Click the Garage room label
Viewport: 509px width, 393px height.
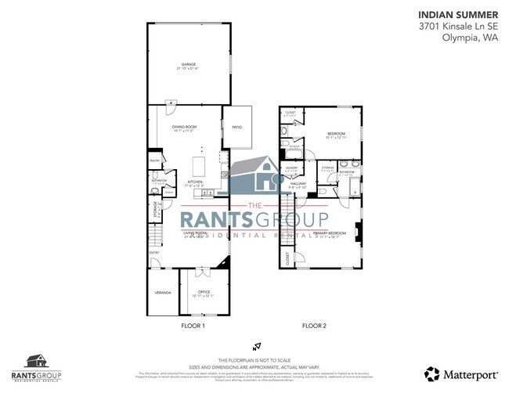coord(188,65)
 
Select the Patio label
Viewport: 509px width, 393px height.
coord(237,127)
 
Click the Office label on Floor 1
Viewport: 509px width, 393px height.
coord(204,292)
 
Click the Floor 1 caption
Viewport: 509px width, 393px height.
coord(192,325)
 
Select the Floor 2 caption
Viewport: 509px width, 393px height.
coord(315,325)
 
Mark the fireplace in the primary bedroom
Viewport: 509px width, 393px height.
coord(358,232)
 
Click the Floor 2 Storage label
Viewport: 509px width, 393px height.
coord(327,166)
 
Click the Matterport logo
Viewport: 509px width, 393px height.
coord(463,372)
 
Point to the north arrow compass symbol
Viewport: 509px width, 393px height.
coord(254,344)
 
